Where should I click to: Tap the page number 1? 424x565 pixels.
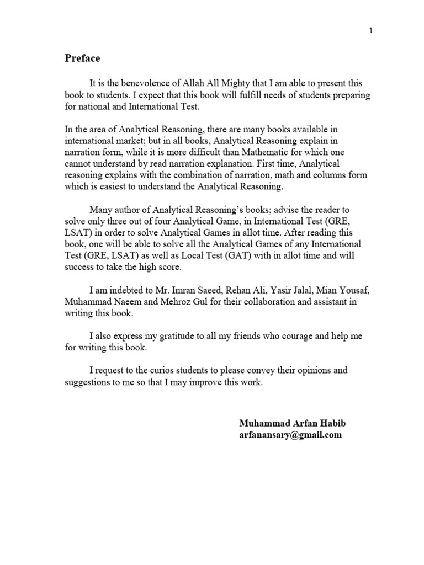pyautogui.click(x=371, y=30)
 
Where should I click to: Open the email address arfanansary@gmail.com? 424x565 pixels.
pyautogui.click(x=290, y=435)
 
